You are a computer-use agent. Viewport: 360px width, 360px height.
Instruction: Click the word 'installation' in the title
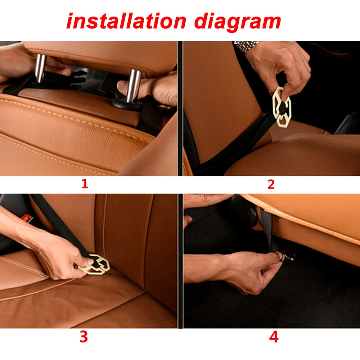pos(126,21)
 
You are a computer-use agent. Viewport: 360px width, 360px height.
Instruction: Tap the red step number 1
pos(85,184)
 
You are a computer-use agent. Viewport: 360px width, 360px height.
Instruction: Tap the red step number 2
pos(271,184)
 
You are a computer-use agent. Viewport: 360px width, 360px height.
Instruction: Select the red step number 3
pos(84,337)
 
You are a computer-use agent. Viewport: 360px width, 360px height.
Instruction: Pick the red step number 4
pos(274,337)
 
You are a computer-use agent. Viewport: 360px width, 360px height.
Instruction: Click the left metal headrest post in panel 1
pos(40,68)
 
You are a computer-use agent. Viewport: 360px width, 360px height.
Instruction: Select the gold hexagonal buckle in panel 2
pos(282,107)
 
